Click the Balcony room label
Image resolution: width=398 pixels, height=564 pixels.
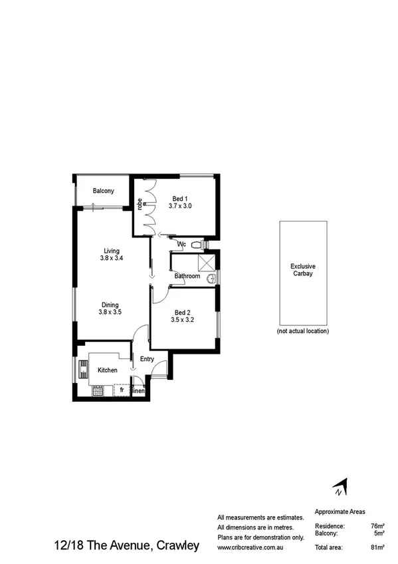point(103,191)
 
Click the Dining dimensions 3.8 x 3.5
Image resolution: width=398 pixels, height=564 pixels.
point(110,311)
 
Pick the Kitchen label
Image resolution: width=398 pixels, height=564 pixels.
point(108,370)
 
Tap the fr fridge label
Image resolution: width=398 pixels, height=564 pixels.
point(122,390)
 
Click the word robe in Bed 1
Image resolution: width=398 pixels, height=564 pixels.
point(140,204)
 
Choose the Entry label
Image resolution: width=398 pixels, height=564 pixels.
point(147,359)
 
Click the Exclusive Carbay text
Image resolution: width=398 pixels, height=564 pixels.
point(303,269)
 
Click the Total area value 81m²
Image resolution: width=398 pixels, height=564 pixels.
point(378,547)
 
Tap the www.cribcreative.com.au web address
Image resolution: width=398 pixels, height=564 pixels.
point(252,547)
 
